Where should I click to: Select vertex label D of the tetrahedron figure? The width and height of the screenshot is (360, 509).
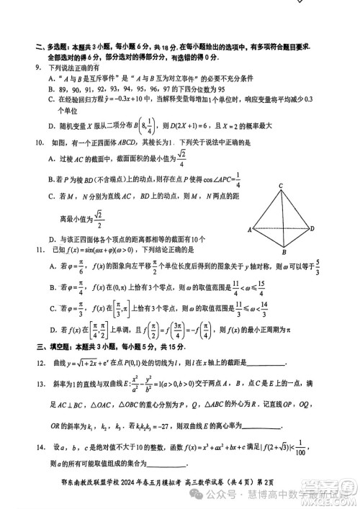coord(312,228)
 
